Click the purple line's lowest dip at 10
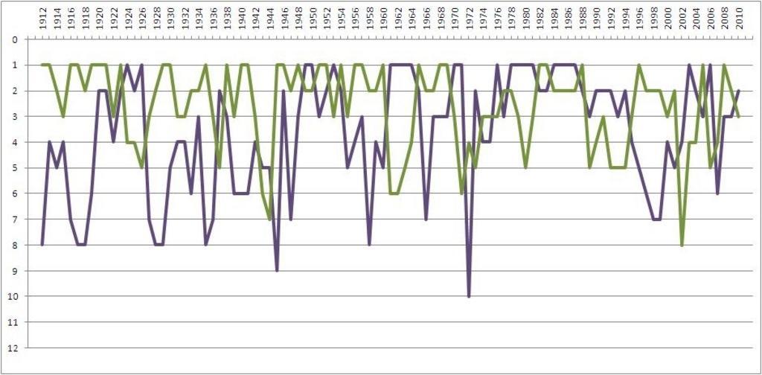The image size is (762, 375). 469,296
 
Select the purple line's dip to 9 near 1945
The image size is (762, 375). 277,270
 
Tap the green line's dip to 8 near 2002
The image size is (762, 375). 682,245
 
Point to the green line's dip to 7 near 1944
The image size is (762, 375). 269,219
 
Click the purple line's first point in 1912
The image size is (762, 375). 42,245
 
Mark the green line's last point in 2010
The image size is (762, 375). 738,117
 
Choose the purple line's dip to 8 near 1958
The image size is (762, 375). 369,245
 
